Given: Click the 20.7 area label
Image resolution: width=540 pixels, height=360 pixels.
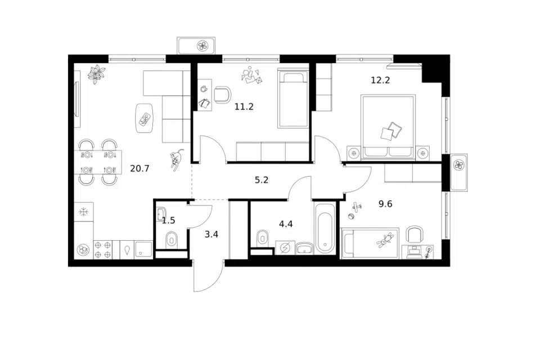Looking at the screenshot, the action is point(139,168).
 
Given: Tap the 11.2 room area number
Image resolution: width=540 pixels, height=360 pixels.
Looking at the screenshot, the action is point(244,107).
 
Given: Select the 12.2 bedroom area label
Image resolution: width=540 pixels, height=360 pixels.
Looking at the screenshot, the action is point(380,80).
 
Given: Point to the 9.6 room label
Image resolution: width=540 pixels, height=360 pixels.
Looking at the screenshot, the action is point(385,204).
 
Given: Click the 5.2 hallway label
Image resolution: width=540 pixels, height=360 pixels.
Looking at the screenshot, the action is point(262,180).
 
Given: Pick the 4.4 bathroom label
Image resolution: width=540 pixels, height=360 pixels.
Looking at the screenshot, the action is point(286,224).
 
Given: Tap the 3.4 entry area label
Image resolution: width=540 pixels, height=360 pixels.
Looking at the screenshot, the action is point(211,235).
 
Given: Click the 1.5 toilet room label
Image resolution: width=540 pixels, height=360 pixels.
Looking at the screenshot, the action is point(168,220).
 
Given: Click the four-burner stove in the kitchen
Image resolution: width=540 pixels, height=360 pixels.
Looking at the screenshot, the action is point(103,249).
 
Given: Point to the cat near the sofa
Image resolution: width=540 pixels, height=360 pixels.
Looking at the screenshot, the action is point(176,160).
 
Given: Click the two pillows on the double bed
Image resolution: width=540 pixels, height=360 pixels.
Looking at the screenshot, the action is point(391,131).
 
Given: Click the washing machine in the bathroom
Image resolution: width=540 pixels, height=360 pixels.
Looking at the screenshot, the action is point(285,247).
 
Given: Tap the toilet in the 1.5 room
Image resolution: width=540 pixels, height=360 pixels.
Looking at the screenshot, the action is point(171,240).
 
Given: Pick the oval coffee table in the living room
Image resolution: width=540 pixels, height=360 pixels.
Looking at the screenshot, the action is point(145,118).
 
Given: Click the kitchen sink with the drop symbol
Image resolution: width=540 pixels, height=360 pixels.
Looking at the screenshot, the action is point(128,249).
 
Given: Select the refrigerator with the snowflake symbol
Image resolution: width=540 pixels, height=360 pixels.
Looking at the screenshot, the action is point(84,212).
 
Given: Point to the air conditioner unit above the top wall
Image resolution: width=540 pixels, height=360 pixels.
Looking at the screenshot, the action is point(196,46).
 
